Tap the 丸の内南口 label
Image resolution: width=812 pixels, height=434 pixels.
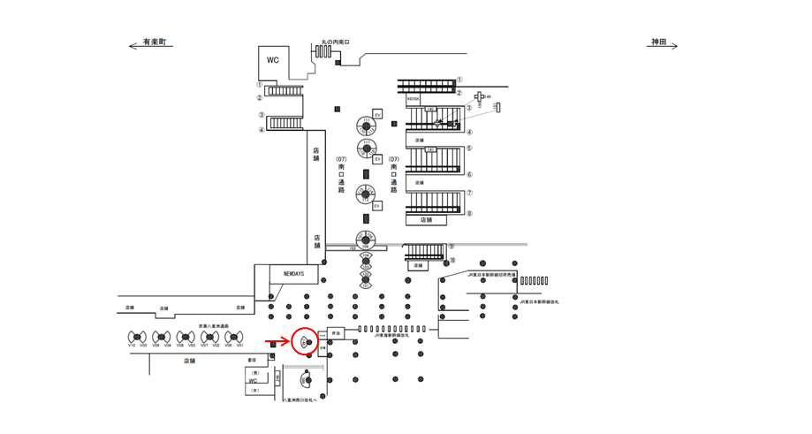pos(336,42)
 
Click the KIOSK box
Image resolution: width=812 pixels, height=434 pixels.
pos(414,100)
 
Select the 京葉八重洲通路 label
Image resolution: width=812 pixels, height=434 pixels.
pos(214,326)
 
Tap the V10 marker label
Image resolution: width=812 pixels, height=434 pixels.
pos(132,346)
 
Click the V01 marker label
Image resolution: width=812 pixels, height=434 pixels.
pos(239,346)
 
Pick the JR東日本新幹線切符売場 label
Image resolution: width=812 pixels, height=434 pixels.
pos(492,275)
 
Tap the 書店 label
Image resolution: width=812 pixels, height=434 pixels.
pos(251,360)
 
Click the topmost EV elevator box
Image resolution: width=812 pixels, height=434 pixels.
pos(377,114)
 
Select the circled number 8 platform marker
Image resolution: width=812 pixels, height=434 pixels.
pos(469,213)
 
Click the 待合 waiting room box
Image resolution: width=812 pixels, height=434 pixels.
pos(336,334)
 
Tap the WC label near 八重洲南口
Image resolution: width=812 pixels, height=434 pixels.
pos(253,381)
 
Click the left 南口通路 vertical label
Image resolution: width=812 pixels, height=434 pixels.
pos(341,177)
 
